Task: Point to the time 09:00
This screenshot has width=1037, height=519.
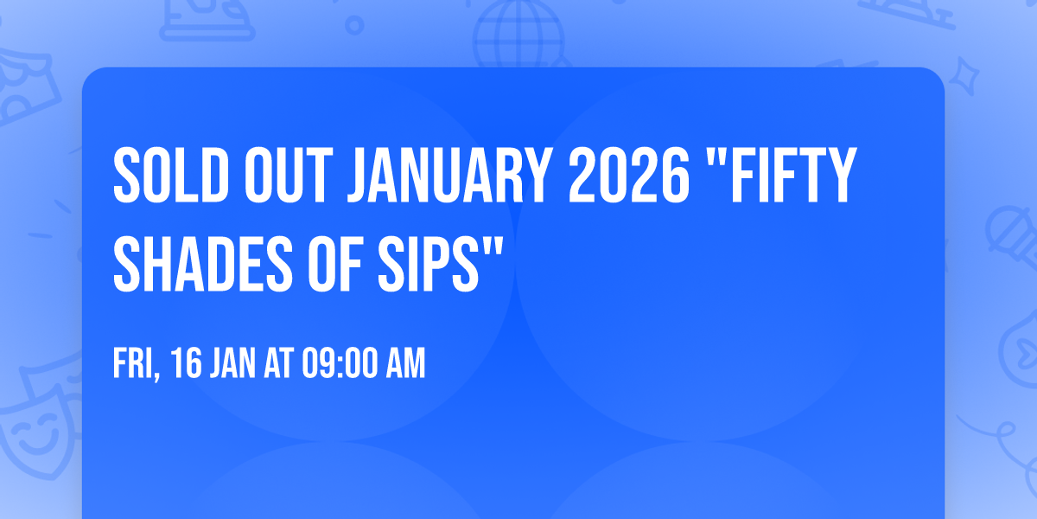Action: coord(337,364)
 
